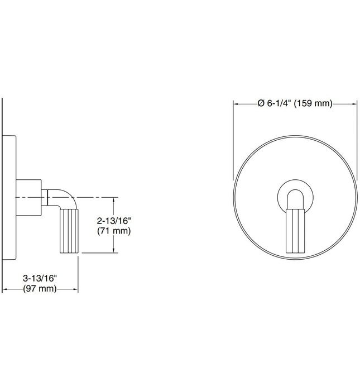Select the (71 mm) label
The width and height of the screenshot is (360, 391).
click(114, 231)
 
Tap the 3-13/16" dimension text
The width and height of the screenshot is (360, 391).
click(40, 278)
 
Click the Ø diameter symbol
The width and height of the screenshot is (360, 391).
click(260, 103)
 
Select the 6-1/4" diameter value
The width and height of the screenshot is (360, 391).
click(277, 103)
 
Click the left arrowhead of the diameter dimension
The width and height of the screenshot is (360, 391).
click(236, 103)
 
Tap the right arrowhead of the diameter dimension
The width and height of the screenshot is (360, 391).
click(354, 103)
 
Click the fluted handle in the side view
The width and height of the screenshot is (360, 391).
click(69, 231)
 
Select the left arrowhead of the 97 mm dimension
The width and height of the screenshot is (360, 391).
click(6, 289)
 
